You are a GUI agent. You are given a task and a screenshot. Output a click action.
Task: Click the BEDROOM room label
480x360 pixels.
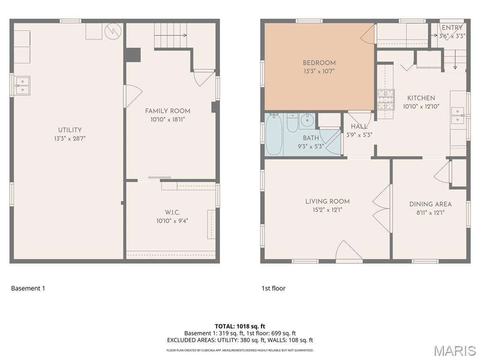(319, 63)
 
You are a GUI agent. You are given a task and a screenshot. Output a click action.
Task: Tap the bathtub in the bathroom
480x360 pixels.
(274, 135)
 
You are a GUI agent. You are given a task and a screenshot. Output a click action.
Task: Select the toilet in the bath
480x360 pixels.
(292, 123)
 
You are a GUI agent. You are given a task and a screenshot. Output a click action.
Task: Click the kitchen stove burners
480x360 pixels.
(386, 99)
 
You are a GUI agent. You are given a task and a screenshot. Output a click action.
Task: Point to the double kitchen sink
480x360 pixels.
(457, 115)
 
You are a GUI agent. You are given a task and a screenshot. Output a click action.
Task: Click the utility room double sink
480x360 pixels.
(22, 85)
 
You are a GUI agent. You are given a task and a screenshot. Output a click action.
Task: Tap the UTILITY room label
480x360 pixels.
(70, 130)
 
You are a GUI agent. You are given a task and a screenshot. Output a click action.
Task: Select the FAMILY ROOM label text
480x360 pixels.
(167, 111)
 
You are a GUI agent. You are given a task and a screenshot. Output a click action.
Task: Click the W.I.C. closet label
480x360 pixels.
(172, 212)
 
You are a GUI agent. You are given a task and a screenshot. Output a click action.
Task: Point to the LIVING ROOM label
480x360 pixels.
(327, 202)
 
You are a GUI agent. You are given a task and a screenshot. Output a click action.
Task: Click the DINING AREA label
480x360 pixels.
(430, 204)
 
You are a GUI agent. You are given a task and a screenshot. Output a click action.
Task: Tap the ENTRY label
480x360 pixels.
(452, 28)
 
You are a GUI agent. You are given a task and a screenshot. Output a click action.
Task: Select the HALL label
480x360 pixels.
(359, 127)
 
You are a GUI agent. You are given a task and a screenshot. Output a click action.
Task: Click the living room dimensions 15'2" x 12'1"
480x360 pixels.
(327, 210)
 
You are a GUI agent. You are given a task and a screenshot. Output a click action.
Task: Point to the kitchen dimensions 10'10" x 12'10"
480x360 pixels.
(421, 106)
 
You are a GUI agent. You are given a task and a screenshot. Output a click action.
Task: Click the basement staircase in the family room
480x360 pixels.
(171, 35)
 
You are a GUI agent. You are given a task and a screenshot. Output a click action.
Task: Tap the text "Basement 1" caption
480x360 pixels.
(28, 288)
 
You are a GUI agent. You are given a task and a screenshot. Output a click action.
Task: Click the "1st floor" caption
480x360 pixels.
(273, 288)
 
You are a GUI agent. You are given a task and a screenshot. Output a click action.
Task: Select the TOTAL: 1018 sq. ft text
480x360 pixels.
(240, 326)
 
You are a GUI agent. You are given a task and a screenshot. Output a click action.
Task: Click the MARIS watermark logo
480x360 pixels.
(454, 351)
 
